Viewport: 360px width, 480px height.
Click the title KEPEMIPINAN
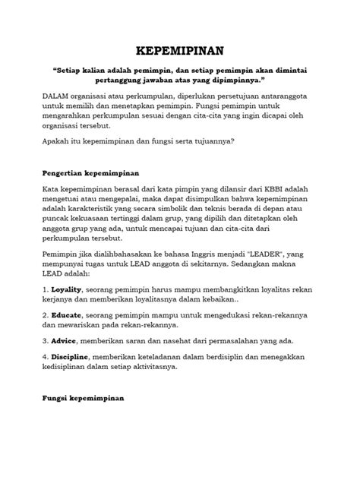(179, 51)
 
